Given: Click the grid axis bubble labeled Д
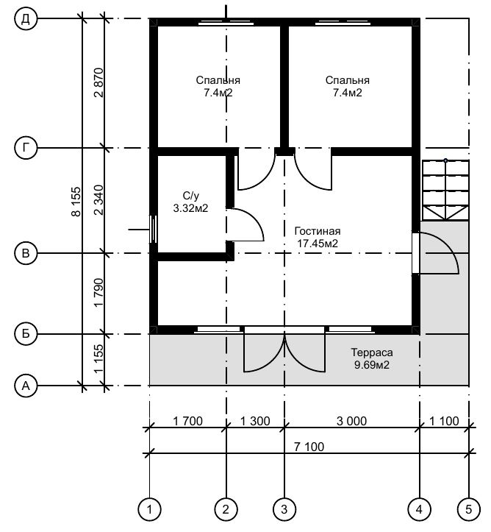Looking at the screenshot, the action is pyautogui.click(x=26, y=18).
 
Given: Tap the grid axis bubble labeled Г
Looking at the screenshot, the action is pyautogui.click(x=26, y=148).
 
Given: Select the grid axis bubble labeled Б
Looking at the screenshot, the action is pyautogui.click(x=26, y=334).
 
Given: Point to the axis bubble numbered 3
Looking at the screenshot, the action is pyautogui.click(x=284, y=509).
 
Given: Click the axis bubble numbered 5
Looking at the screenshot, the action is pyautogui.click(x=469, y=509).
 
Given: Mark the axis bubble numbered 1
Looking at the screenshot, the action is pyautogui.click(x=149, y=509).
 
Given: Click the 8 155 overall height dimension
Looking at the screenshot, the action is pyautogui.click(x=76, y=202).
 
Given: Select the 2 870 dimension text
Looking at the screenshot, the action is pyautogui.click(x=98, y=83).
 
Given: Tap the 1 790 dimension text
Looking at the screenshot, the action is pyautogui.click(x=98, y=292).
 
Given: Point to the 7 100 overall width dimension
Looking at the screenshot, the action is pyautogui.click(x=309, y=447).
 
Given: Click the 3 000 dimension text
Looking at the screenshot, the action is pyautogui.click(x=352, y=421).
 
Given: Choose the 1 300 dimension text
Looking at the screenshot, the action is pyautogui.click(x=255, y=421).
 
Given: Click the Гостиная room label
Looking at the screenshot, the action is pyautogui.click(x=318, y=231).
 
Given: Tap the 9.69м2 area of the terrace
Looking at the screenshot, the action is pyautogui.click(x=372, y=365).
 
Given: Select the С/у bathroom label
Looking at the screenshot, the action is pyautogui.click(x=191, y=196).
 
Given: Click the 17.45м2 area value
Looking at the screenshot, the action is pyautogui.click(x=318, y=244).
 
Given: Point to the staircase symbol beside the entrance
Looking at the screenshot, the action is pyautogui.click(x=445, y=190).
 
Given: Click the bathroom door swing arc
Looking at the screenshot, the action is pyautogui.click(x=255, y=218).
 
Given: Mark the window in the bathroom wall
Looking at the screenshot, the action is pyautogui.click(x=153, y=230).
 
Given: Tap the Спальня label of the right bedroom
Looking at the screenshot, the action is pyautogui.click(x=348, y=80).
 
